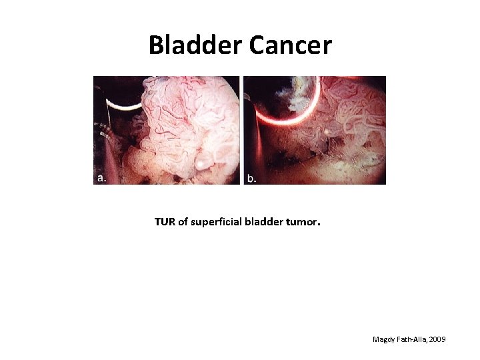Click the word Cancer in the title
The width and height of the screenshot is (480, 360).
click(x=290, y=45)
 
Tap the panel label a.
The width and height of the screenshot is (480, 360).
click(x=101, y=178)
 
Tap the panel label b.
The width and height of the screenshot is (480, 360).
click(x=251, y=178)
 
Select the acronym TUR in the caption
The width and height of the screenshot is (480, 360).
click(x=165, y=222)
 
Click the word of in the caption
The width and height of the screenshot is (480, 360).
click(x=183, y=222)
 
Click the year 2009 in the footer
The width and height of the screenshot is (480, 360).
click(x=438, y=340)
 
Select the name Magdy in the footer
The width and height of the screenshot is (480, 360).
click(x=384, y=340)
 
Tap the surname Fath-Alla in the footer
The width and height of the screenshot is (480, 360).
click(x=413, y=340)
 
